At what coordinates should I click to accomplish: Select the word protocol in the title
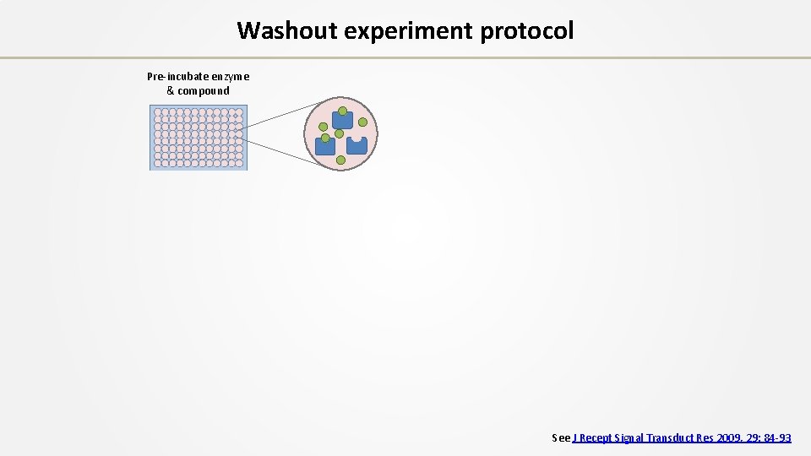(x=526, y=30)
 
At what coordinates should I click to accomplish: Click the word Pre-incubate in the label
(x=176, y=77)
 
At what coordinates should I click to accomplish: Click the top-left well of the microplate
(x=157, y=112)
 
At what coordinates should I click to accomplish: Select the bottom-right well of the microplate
(x=239, y=163)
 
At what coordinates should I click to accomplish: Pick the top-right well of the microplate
(x=239, y=112)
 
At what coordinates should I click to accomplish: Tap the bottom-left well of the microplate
(x=157, y=163)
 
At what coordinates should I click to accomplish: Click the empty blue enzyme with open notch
(x=357, y=145)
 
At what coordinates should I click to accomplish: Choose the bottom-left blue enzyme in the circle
(x=325, y=146)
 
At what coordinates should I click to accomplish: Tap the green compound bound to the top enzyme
(x=342, y=111)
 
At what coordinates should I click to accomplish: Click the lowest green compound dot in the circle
(x=340, y=160)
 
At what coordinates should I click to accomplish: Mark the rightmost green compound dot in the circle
(x=362, y=122)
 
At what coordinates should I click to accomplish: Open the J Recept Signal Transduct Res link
(x=683, y=437)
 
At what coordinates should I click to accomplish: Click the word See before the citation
(x=561, y=437)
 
